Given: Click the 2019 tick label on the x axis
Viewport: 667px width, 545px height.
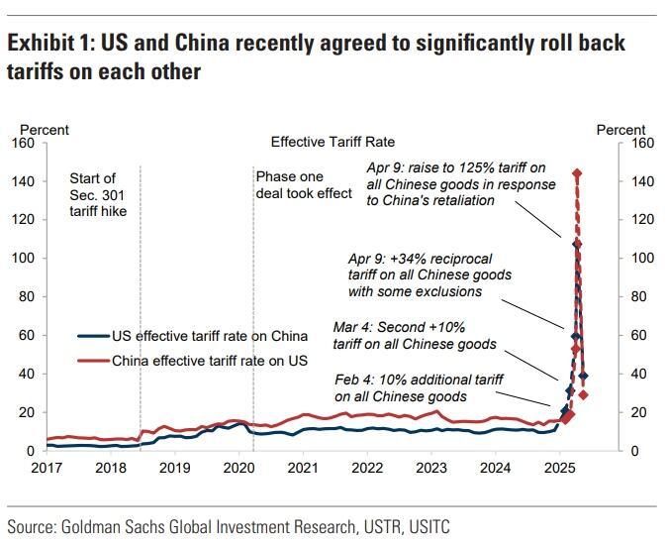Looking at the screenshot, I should [x=175, y=468].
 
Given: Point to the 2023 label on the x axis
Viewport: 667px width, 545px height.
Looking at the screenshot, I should [x=431, y=468].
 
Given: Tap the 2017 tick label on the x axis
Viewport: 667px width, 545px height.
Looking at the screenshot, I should [x=47, y=468].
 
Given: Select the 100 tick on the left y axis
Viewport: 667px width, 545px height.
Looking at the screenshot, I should [x=23, y=259].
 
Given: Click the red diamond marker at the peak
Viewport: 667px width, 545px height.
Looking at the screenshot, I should [x=577, y=173].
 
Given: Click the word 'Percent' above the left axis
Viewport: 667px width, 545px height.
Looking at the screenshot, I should [x=45, y=130].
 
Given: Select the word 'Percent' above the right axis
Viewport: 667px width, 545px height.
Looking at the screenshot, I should [x=620, y=130].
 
